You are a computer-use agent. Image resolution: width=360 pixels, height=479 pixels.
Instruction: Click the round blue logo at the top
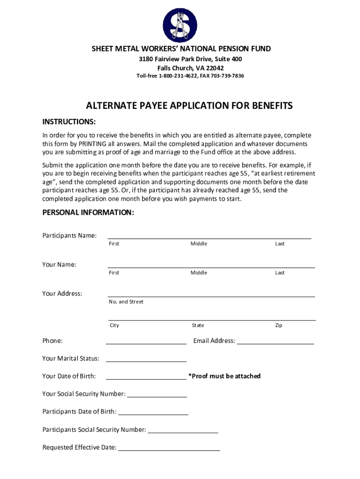click(180, 25)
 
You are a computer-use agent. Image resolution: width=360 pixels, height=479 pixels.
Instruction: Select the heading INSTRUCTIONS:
click(69, 122)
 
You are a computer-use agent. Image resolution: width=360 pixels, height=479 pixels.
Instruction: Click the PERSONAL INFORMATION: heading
click(88, 212)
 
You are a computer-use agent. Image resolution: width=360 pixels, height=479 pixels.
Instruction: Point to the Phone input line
click(146, 341)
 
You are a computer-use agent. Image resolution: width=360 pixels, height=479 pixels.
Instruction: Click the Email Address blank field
click(275, 341)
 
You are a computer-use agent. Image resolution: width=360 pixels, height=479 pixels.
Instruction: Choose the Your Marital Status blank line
click(146, 359)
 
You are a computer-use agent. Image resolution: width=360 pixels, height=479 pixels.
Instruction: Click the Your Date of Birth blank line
click(146, 377)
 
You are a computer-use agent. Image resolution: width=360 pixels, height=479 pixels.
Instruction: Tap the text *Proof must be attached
click(224, 376)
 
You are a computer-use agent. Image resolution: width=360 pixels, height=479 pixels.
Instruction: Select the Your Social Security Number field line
click(157, 395)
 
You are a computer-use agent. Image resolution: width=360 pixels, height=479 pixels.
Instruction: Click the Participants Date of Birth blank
click(153, 413)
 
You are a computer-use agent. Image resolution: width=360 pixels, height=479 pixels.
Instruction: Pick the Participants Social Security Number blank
click(183, 430)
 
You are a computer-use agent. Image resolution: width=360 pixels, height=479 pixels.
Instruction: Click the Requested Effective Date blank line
click(169, 448)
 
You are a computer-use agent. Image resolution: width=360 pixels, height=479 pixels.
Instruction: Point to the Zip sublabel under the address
click(279, 326)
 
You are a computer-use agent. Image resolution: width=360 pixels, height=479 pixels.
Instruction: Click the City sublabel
click(115, 326)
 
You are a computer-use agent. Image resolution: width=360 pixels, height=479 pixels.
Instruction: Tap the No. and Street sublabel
click(126, 302)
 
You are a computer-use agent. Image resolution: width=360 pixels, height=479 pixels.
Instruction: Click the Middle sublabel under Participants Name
click(199, 244)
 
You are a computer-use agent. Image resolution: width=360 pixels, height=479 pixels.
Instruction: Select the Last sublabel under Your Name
click(280, 273)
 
